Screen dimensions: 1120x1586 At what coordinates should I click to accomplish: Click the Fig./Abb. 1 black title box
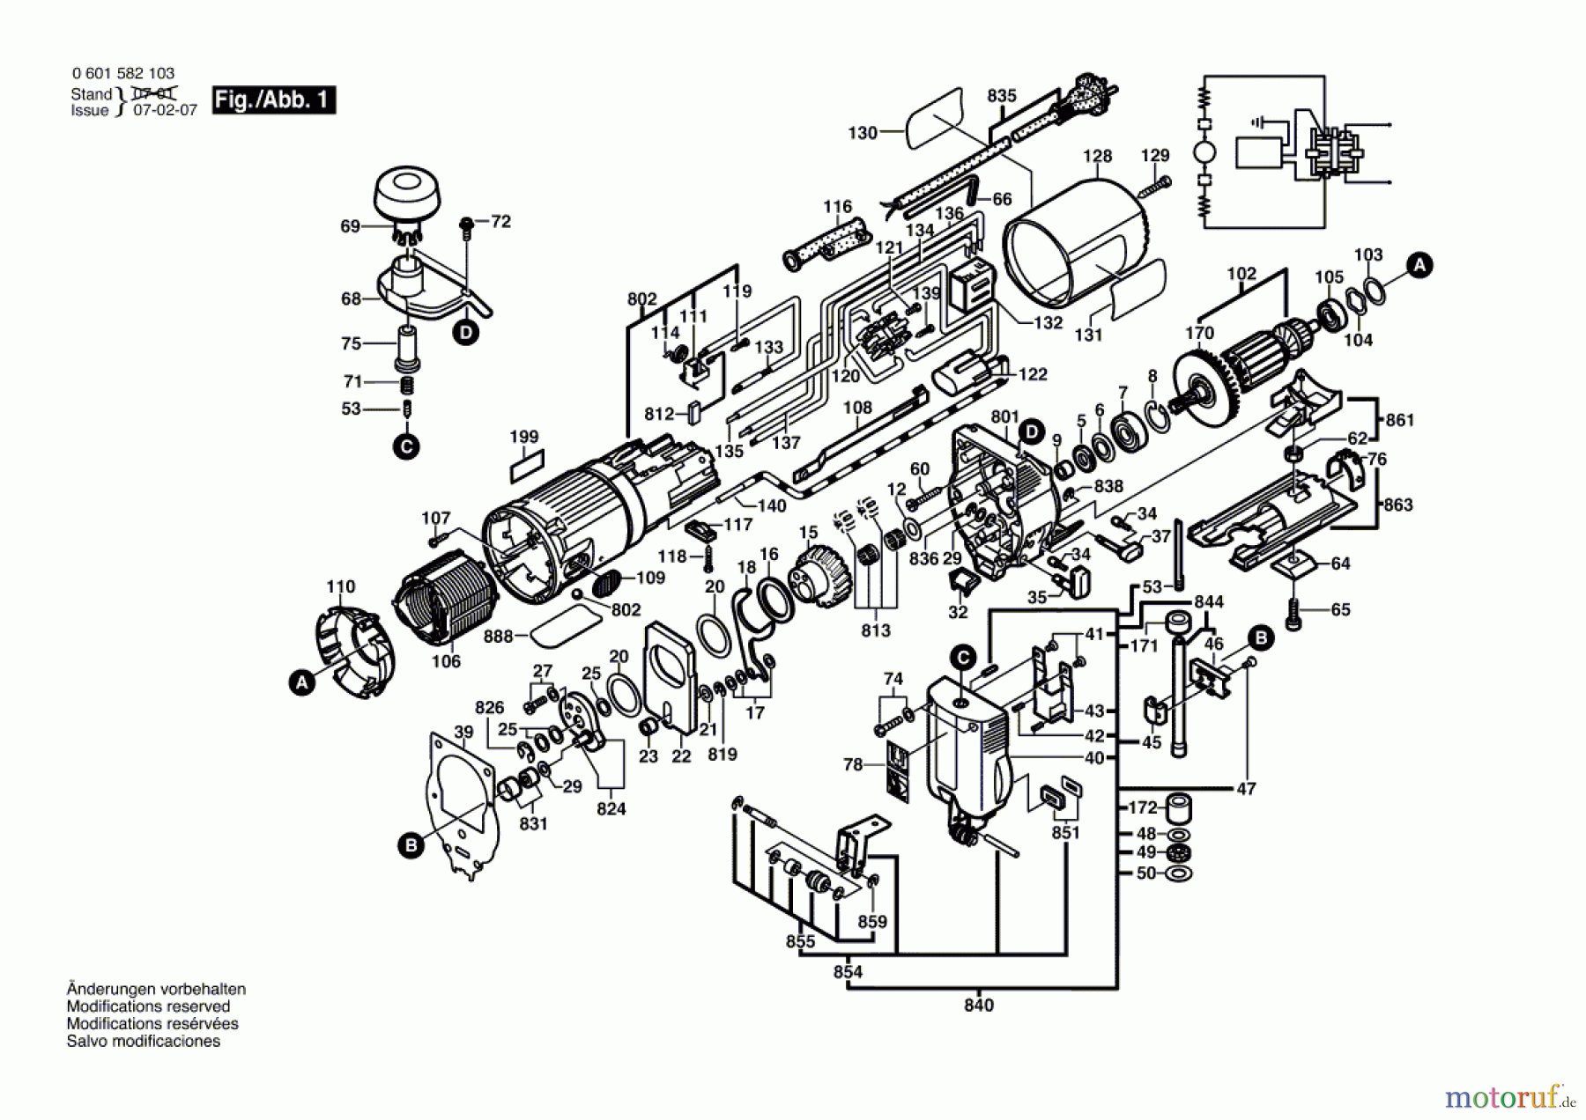273,99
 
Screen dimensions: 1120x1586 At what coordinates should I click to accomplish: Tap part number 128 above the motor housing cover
1097,156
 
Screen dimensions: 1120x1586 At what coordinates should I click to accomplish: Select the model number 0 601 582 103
122,73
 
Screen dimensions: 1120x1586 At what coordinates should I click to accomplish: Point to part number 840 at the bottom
978,1005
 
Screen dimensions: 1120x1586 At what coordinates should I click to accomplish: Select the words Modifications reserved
148,1006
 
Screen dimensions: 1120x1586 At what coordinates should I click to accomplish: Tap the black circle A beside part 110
302,682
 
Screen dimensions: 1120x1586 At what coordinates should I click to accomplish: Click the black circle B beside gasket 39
410,846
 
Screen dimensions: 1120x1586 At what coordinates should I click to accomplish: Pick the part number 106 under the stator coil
446,661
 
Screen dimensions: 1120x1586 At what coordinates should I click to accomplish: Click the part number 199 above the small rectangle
523,437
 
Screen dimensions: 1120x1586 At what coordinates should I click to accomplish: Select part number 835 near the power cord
1002,96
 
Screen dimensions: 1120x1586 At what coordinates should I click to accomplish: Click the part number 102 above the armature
1241,274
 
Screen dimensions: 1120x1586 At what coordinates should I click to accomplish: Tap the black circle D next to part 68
465,333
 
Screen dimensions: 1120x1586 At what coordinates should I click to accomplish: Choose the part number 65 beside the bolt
1340,609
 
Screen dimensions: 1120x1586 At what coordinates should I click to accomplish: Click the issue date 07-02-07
165,111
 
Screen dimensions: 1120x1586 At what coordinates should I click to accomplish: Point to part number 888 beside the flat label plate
498,636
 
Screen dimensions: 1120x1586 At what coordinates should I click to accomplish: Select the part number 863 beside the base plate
1397,505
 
